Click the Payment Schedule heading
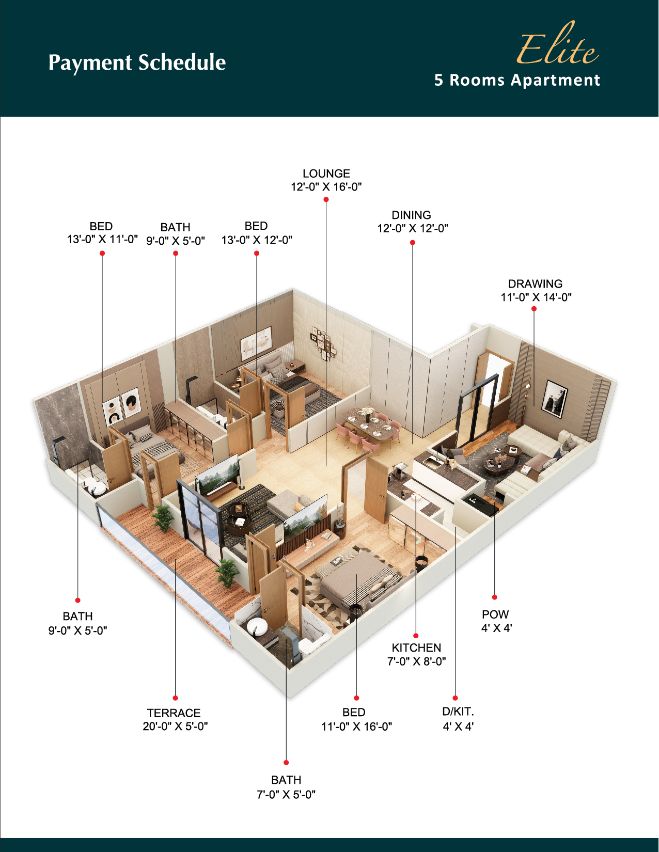click(x=137, y=62)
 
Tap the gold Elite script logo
click(x=557, y=44)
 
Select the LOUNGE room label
click(x=326, y=173)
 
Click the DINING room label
click(x=411, y=215)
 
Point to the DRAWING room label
click(x=535, y=283)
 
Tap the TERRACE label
click(x=174, y=713)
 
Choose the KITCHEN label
click(x=416, y=648)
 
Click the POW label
click(x=495, y=614)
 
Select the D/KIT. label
click(x=458, y=711)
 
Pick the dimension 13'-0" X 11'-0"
click(x=102, y=239)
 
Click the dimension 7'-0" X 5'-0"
click(x=286, y=794)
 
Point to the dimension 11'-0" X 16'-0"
click(x=357, y=727)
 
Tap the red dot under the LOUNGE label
click(x=326, y=199)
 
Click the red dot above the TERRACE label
click(x=175, y=698)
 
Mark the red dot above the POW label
click(x=494, y=597)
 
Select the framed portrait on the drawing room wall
click(x=554, y=399)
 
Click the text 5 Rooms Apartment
click(x=517, y=80)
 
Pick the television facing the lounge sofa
click(x=217, y=475)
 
